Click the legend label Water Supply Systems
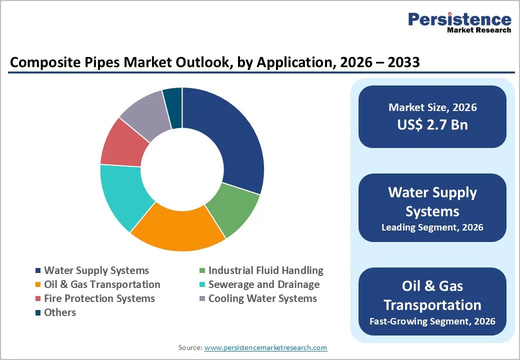tap(96, 270)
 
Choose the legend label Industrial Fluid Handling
tap(265, 270)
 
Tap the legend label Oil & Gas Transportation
tap(102, 284)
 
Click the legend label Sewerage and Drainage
tap(263, 284)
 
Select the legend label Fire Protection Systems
tap(99, 298)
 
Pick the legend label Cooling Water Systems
tap(262, 298)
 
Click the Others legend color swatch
tap(38, 313)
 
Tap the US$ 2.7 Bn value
tap(432, 124)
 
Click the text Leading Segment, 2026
tap(432, 227)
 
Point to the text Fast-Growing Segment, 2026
tap(432, 321)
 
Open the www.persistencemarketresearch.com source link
tap(265, 347)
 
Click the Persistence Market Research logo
tap(459, 22)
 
